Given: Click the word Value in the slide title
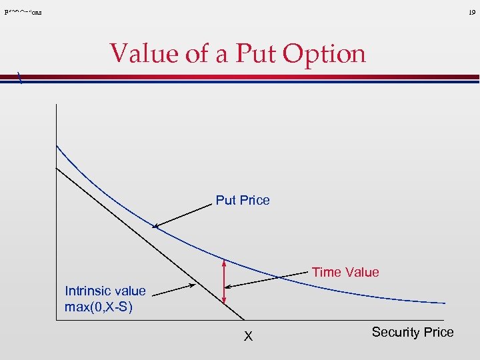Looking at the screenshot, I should point(144,53).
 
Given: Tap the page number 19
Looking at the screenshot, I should point(471,12).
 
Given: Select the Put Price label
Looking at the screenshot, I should point(243,200).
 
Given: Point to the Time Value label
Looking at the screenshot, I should point(345,272).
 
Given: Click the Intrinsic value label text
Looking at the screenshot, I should point(105,291).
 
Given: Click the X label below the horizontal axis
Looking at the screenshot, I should point(248,337).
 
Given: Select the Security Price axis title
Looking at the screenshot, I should point(412,332).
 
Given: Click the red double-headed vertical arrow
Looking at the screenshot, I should point(225,281).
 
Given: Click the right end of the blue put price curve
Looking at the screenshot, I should point(445,303).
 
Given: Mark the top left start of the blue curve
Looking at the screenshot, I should point(57,146).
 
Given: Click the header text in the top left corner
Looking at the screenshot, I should point(23,12).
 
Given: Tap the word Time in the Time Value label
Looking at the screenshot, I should point(325,272).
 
